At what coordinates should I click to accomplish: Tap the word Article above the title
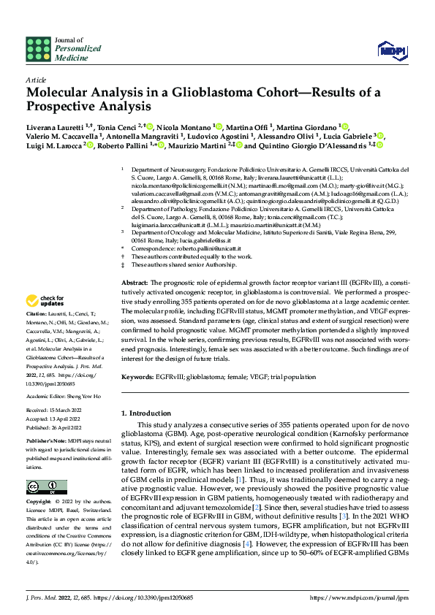click(x=35, y=80)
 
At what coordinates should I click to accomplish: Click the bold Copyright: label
click(x=39, y=503)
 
